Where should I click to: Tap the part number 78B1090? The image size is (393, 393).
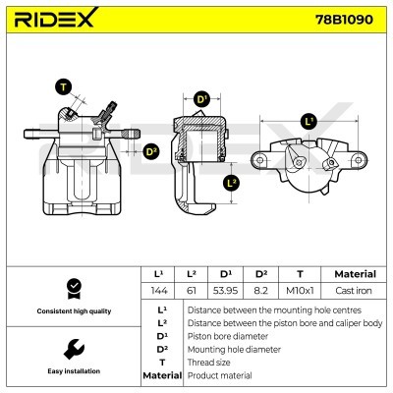tap(344, 20)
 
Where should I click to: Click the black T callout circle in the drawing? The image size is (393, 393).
tap(63, 87)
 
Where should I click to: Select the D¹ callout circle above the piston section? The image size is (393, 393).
tap(201, 99)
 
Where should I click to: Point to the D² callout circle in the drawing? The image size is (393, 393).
tap(151, 151)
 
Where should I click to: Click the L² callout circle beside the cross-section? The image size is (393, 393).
tap(231, 183)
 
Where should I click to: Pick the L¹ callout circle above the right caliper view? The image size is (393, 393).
tap(309, 122)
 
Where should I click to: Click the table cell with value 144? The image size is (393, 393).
tap(159, 291)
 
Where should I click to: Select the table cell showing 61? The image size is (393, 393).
tap(191, 291)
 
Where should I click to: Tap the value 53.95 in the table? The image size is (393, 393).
tap(225, 291)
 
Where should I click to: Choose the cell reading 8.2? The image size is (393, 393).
tap(260, 291)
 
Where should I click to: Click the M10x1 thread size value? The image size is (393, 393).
tap(300, 291)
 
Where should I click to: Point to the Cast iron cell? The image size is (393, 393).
tap(354, 291)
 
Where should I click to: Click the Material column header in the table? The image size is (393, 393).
tap(355, 274)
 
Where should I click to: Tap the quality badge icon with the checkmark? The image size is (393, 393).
tap(75, 289)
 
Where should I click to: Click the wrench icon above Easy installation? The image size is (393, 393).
tap(74, 349)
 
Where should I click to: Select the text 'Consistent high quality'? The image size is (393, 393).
tap(74, 311)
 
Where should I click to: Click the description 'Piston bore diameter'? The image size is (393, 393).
tap(228, 336)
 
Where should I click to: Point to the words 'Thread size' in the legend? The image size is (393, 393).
tap(208, 363)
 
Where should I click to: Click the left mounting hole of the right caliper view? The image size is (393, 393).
tap(259, 160)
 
